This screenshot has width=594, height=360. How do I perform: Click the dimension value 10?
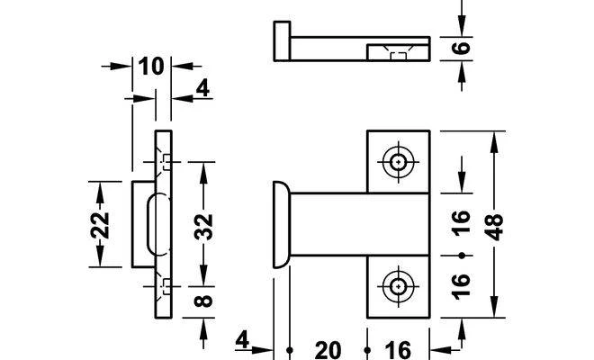(151, 67)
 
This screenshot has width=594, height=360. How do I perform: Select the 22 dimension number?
(100, 225)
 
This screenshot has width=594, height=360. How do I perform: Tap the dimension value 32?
(203, 227)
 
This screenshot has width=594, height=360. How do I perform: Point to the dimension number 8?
(203, 301)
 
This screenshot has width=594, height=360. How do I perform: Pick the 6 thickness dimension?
(461, 48)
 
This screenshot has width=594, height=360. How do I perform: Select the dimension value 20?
(328, 350)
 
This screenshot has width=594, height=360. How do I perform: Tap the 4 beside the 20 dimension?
(242, 340)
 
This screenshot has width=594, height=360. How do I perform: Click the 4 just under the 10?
(202, 89)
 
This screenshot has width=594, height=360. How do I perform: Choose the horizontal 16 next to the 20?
(398, 350)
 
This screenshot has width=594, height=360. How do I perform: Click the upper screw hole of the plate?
(398, 162)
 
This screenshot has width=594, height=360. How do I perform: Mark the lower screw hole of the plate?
(398, 286)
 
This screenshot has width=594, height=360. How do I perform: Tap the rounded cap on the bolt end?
(281, 224)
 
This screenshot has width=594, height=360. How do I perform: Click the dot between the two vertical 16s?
(462, 256)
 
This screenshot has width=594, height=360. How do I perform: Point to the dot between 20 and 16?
(367, 350)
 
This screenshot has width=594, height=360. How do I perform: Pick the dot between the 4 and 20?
(290, 350)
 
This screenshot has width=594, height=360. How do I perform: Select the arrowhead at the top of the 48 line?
(494, 142)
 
